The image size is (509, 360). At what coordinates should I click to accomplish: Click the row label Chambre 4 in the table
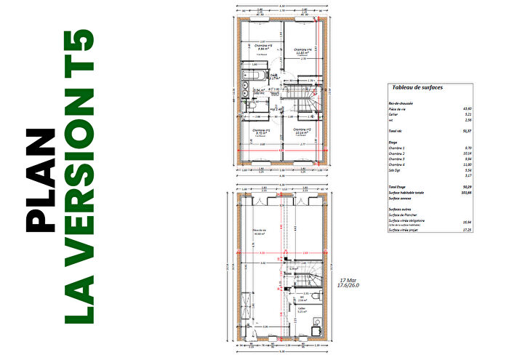(398, 165)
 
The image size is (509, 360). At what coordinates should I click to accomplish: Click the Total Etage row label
(397, 187)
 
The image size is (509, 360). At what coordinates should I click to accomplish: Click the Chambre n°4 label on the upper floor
(304, 50)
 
